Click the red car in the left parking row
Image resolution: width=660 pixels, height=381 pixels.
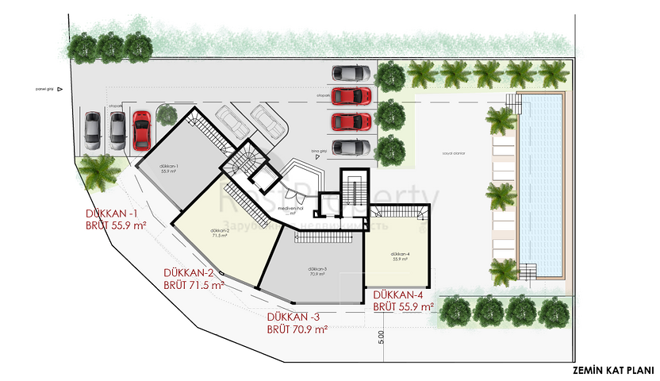142,130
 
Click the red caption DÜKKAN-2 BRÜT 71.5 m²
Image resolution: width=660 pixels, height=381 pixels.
194,278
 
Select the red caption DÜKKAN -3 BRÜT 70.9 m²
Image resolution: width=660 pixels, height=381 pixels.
297,321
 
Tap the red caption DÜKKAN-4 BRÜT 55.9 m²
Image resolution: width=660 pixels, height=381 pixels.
403,300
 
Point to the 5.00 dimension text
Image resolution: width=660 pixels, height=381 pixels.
381,337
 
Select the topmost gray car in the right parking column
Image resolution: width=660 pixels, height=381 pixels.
351,73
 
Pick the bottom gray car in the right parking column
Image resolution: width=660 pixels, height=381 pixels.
351,148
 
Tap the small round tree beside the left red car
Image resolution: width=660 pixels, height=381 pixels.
167,114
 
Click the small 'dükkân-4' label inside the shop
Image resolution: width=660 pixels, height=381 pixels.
399,256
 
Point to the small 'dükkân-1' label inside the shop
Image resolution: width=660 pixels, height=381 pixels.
168,167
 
